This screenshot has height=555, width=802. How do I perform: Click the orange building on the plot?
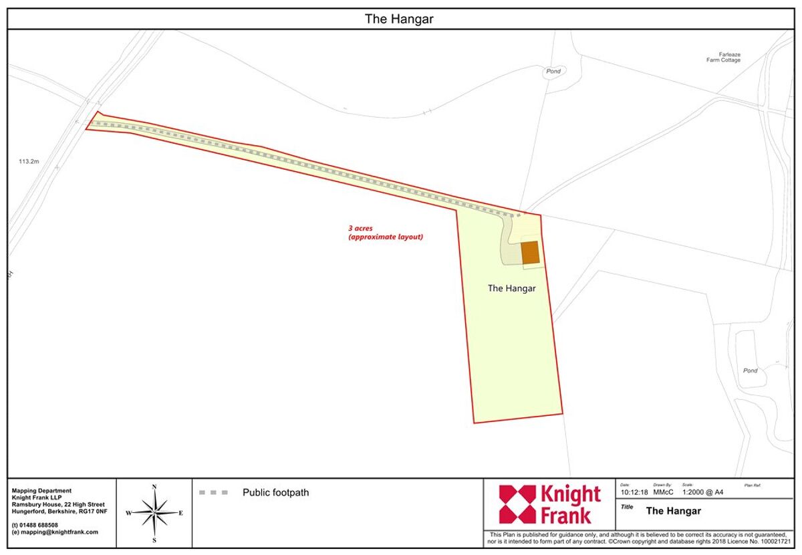(x=530, y=252)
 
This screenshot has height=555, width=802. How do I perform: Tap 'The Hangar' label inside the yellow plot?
(x=511, y=288)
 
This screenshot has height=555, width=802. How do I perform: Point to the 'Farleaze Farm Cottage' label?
(x=723, y=58)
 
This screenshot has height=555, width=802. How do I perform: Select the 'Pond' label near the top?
(x=553, y=71)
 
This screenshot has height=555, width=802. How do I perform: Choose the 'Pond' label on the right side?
(x=750, y=370)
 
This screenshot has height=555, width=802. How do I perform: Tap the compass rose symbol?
(x=154, y=513)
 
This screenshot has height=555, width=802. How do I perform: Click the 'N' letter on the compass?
(x=154, y=487)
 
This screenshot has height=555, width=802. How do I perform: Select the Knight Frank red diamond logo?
(x=517, y=504)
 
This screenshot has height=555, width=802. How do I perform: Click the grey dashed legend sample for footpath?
(x=213, y=493)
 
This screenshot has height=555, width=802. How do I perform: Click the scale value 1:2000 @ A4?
(x=702, y=493)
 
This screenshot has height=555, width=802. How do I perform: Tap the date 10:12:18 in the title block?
(x=634, y=493)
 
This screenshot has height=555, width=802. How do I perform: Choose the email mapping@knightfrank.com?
(x=55, y=532)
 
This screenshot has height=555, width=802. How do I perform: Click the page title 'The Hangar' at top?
(x=399, y=19)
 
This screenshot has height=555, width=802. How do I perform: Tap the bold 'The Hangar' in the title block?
(x=673, y=511)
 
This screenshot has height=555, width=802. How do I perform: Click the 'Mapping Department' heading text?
(x=41, y=490)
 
